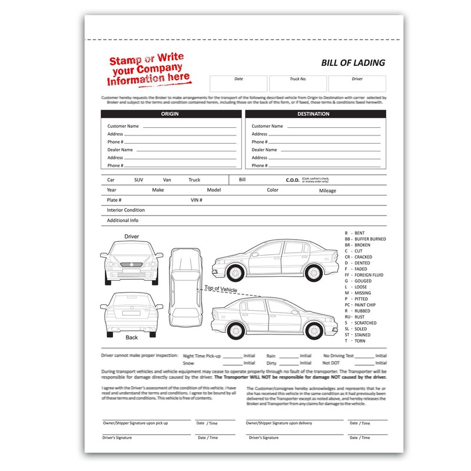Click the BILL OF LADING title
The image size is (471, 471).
click(353, 62)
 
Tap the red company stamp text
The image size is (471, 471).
click(149, 70)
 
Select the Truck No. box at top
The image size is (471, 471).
click(297, 83)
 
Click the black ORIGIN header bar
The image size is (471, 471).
click(170, 114)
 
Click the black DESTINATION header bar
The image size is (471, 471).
click(314, 114)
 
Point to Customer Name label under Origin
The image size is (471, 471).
click(123, 126)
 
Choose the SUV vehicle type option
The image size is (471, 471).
click(138, 180)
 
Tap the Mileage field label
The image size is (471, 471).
click(327, 191)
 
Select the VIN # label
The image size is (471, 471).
click(197, 200)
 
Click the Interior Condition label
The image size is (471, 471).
click(125, 210)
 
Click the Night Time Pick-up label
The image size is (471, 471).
click(202, 356)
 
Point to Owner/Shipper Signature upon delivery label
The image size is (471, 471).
click(278, 423)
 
